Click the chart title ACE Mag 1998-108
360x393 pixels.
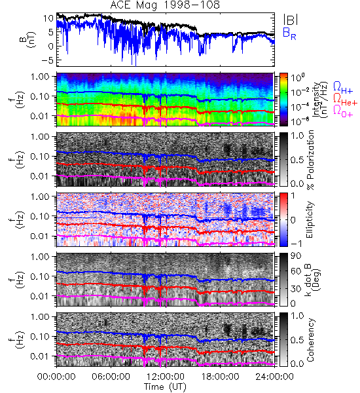coord(165,5)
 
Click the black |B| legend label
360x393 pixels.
coord(291,19)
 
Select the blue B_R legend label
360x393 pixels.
coord(289,33)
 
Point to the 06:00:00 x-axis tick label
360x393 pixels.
coord(111,377)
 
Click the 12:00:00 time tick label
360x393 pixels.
coord(166,377)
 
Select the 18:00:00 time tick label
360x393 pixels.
coord(220,377)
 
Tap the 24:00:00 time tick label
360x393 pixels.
coord(274,377)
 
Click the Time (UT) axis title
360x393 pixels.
coord(166,387)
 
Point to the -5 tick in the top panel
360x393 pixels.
coord(47,60)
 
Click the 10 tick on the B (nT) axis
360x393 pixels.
coord(48,18)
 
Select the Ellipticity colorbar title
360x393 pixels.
coord(310,219)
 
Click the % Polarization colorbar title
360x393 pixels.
coord(310,160)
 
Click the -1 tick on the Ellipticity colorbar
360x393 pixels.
coord(296,244)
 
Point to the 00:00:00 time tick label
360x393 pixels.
coord(56,377)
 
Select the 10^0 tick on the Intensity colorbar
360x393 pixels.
coord(298,77)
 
